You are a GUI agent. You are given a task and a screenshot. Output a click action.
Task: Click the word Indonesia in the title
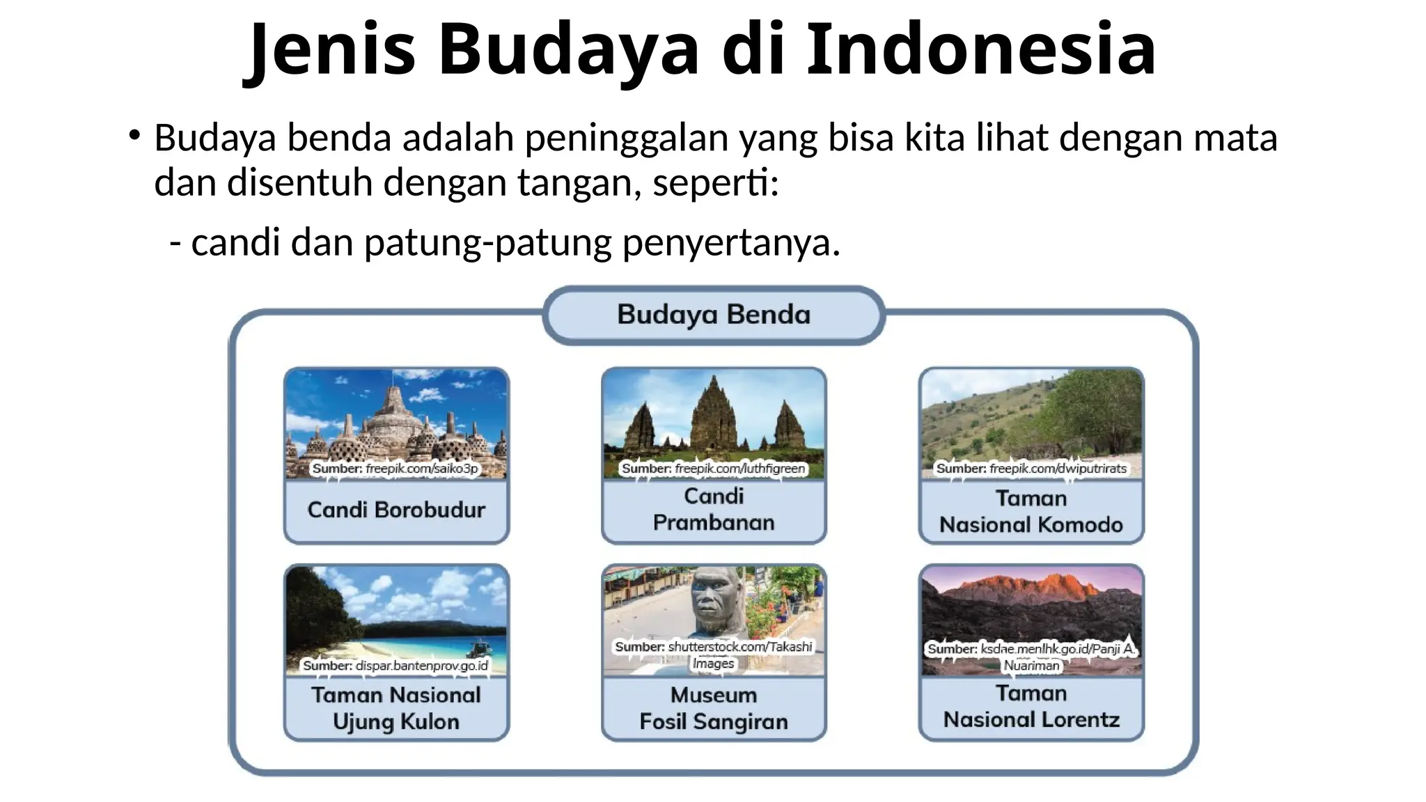point(981,49)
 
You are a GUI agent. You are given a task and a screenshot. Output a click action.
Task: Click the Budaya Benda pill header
point(714,315)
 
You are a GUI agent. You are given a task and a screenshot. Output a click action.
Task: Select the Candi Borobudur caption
point(396,510)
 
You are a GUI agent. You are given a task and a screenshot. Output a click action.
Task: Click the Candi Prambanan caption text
point(714,509)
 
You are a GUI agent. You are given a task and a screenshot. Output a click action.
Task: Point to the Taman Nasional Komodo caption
point(1031,511)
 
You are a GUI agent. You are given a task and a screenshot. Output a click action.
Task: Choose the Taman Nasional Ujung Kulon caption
point(396,708)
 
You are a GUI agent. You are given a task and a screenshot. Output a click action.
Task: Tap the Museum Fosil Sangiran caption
point(714,708)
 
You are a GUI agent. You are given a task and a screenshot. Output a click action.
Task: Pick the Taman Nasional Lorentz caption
point(1031,706)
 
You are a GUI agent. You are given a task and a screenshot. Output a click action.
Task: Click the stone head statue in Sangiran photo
point(718,602)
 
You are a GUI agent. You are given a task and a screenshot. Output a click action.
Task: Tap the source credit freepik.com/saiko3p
point(395,469)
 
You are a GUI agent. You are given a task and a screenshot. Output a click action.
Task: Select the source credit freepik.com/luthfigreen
point(714,469)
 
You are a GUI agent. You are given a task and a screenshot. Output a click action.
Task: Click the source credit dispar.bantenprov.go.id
point(395,666)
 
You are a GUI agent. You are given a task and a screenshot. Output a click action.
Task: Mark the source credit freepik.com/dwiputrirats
point(1031,469)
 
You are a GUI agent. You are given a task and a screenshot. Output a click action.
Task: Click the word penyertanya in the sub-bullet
point(730,243)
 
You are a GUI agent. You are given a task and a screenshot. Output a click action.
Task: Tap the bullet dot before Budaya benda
point(134,134)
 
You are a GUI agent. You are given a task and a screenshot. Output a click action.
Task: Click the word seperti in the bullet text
point(714,183)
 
